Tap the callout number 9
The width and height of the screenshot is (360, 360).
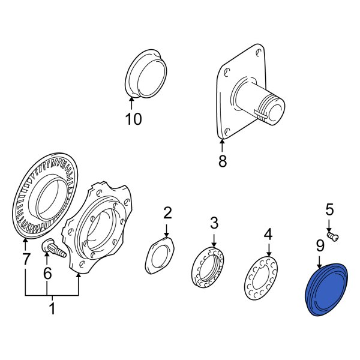[320, 245]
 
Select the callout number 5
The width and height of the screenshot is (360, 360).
[329, 210]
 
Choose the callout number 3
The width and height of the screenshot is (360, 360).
[214, 224]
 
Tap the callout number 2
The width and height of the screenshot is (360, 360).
[167, 212]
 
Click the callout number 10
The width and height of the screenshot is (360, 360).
[133, 119]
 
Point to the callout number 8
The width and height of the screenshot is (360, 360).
[223, 161]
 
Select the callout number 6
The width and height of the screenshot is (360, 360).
[47, 274]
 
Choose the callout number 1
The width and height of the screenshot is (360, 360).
[52, 310]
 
